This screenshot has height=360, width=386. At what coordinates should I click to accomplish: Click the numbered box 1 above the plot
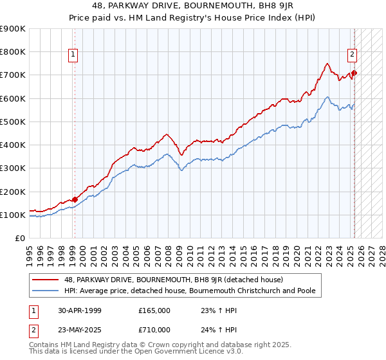pyautogui.click(x=73, y=55)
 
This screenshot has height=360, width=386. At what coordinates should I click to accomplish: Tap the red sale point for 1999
pyautogui.click(x=75, y=199)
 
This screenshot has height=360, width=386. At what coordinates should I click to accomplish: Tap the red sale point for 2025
pyautogui.click(x=354, y=73)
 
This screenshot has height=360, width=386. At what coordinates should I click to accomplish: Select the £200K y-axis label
pyautogui.click(x=13, y=192)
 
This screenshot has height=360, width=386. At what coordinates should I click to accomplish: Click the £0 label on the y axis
pyautogui.click(x=19, y=239)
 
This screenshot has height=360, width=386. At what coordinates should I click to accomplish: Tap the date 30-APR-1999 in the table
pyautogui.click(x=79, y=310)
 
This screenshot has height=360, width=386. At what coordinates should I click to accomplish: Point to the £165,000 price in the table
pyautogui.click(x=154, y=310)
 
